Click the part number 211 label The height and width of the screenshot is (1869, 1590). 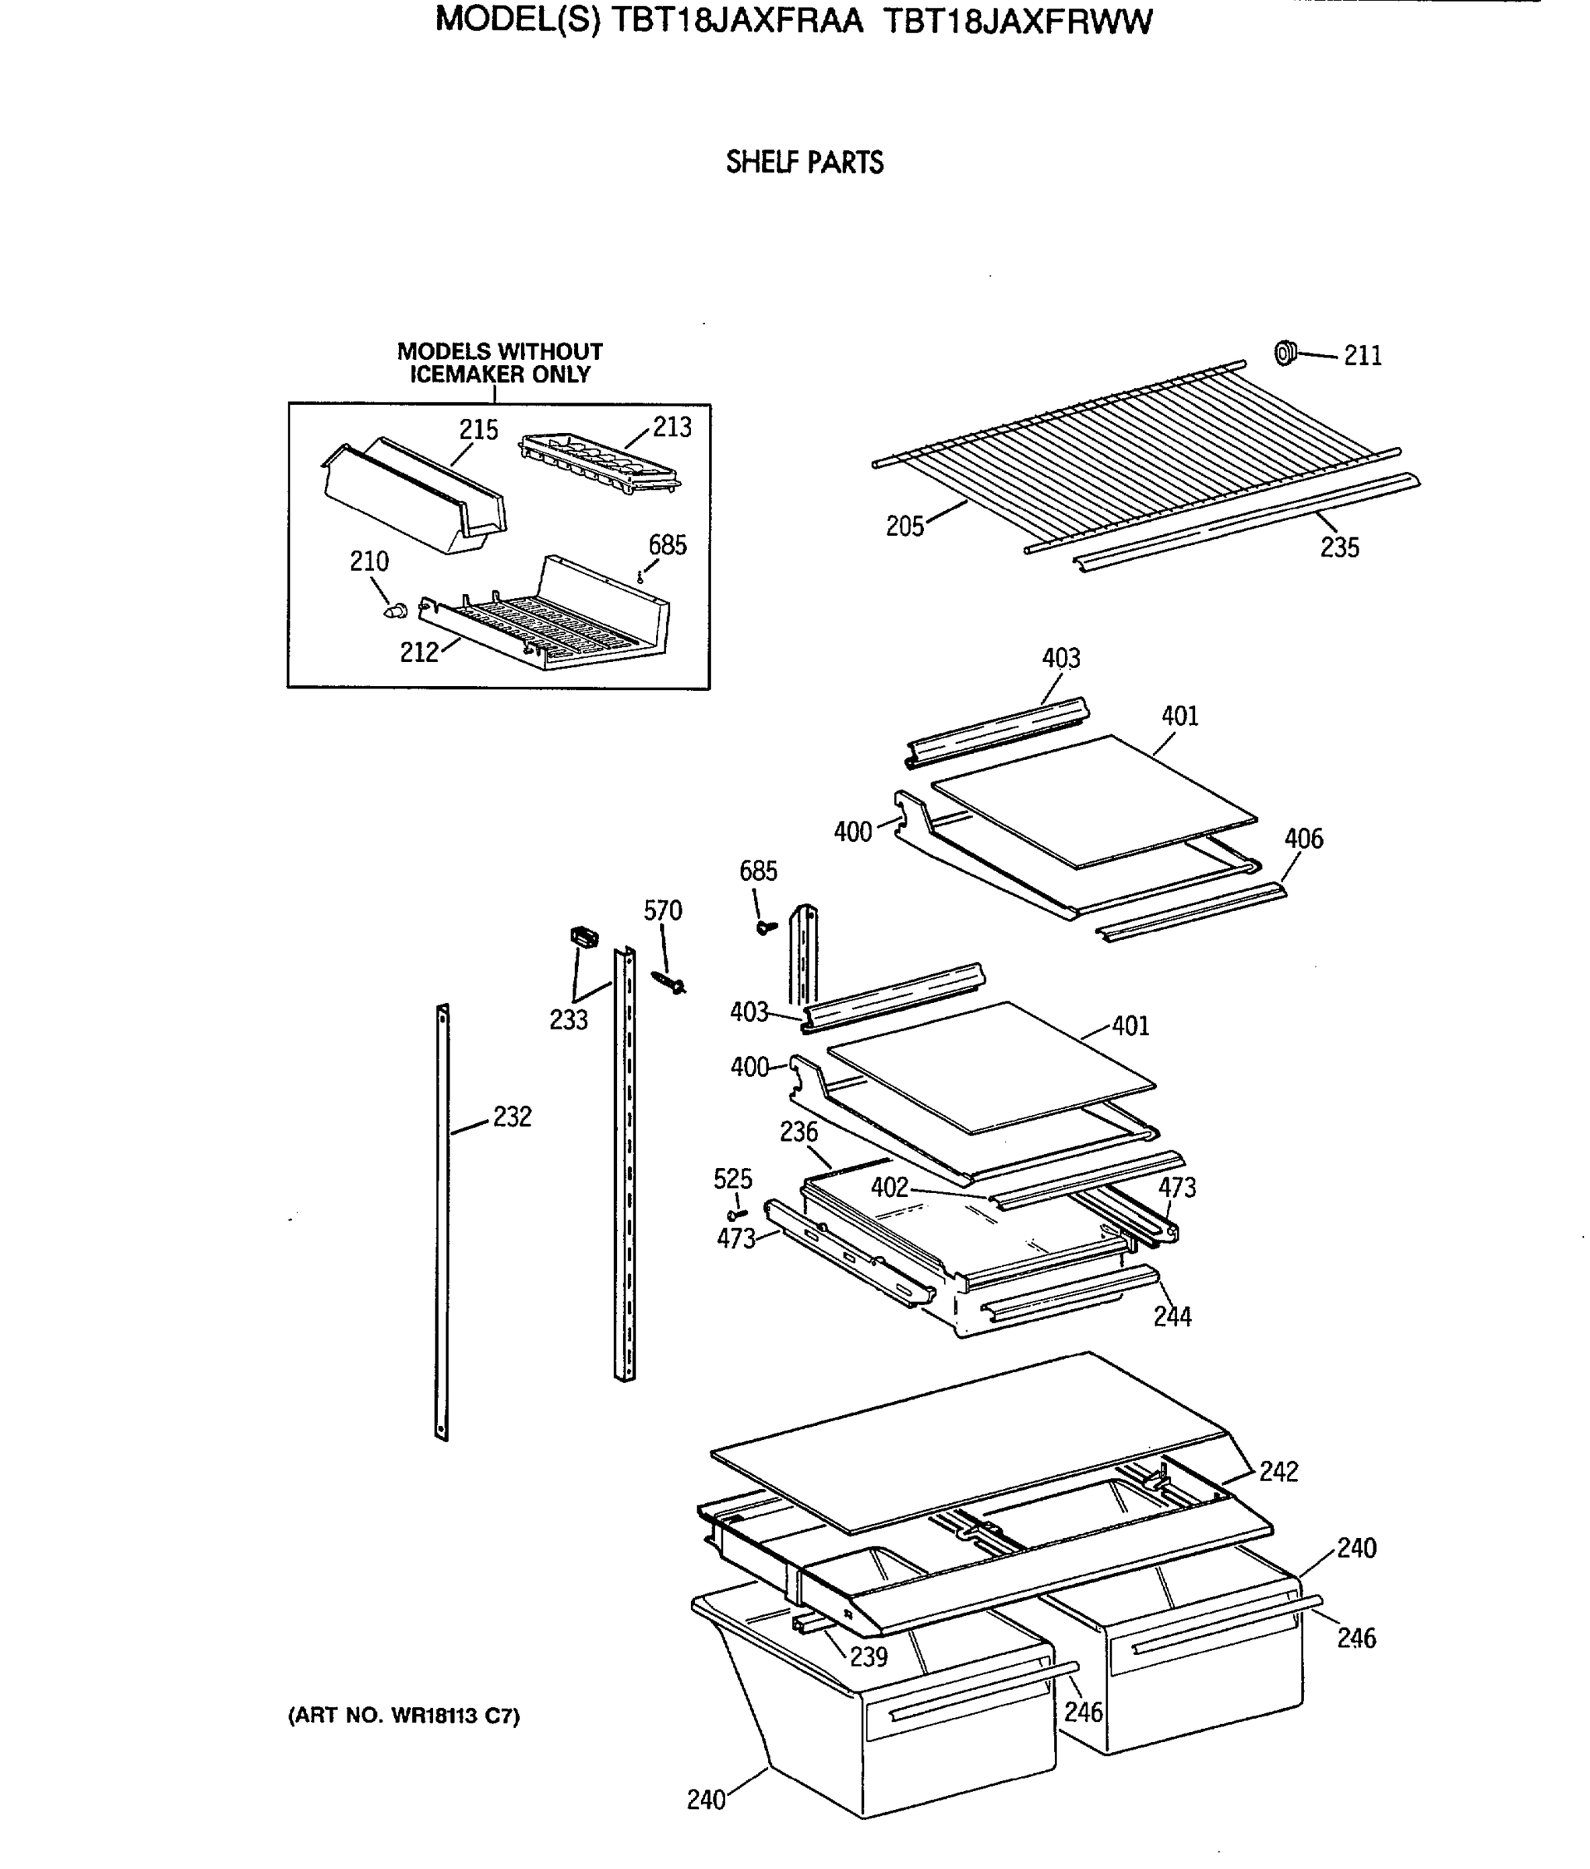pos(1362,356)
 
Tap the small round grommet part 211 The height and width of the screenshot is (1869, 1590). pos(1285,354)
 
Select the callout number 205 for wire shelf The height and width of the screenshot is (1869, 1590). pos(905,526)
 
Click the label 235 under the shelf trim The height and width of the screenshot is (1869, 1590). pos(1339,547)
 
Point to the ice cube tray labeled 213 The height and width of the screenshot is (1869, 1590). pos(599,461)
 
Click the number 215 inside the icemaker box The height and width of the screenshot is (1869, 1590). pos(478,430)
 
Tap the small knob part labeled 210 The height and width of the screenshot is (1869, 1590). pos(394,611)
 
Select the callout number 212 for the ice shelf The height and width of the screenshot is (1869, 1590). pos(419,652)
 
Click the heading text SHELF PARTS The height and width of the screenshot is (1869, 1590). pos(804,162)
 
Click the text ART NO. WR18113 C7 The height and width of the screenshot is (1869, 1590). pos(403,1716)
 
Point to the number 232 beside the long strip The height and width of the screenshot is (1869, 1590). pos(512,1117)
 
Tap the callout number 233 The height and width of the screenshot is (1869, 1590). pos(569,1019)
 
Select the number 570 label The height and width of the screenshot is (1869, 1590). pos(662,910)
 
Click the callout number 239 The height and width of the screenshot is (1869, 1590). pos(868,1656)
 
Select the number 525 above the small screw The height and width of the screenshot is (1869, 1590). pos(732,1179)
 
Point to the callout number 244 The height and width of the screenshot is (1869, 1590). pos(1172,1317)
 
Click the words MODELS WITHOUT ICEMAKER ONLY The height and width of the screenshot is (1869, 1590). pos(499,363)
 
